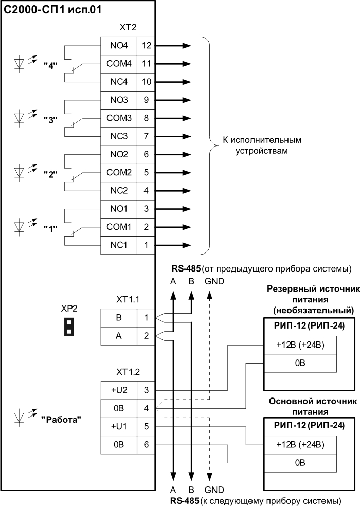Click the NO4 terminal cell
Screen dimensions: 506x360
tap(119, 45)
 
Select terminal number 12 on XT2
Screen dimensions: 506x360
tap(147, 45)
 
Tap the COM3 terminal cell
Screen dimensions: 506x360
tap(119, 118)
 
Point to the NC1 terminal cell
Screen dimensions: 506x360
tap(119, 245)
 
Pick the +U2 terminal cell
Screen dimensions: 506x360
tap(119, 390)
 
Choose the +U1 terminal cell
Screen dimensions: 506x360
tap(119, 426)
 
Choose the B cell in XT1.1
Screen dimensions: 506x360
tap(119, 318)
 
